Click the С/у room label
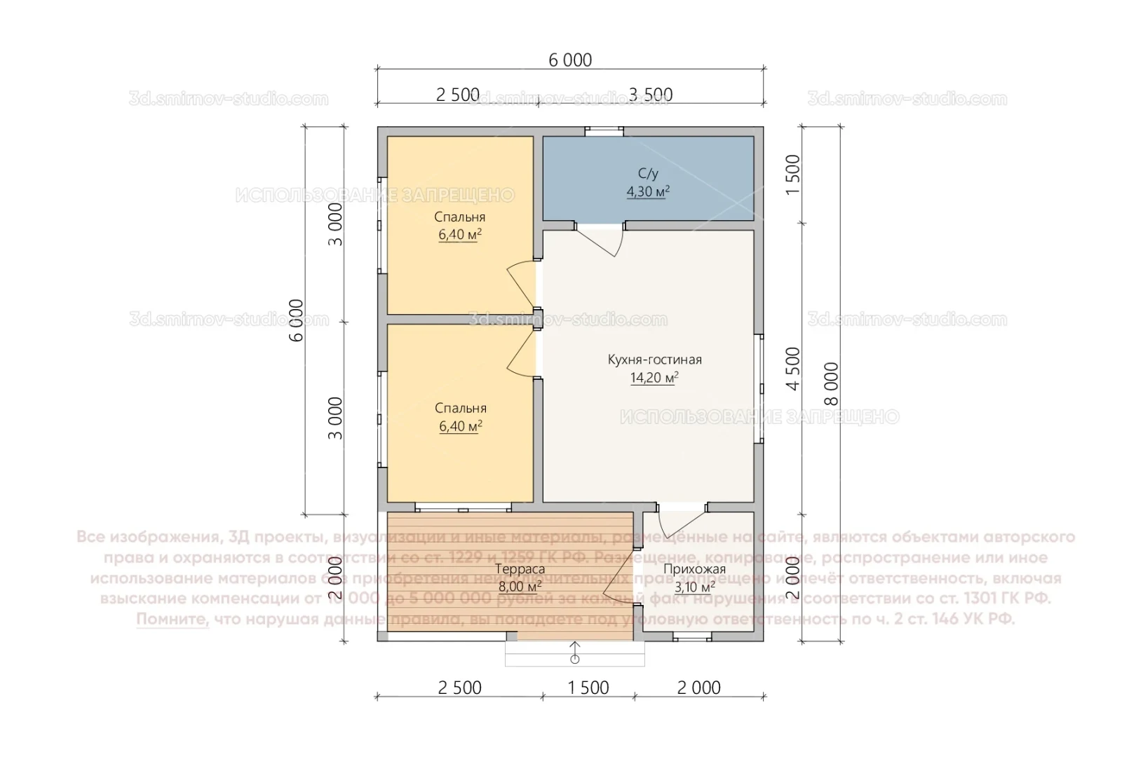(648, 173)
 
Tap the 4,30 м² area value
(648, 191)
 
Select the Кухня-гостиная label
(654, 360)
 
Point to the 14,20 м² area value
(654, 378)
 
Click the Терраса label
(520, 569)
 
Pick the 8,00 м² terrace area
(520, 587)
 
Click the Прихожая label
(694, 569)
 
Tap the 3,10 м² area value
(694, 587)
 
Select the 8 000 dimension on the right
(831, 383)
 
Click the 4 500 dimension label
(793, 369)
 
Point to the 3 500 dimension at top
(650, 95)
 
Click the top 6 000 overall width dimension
(570, 60)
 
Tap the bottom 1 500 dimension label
(588, 688)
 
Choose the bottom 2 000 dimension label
(699, 688)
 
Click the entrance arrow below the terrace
(575, 652)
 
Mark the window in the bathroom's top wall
(604, 130)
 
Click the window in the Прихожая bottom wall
(692, 637)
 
